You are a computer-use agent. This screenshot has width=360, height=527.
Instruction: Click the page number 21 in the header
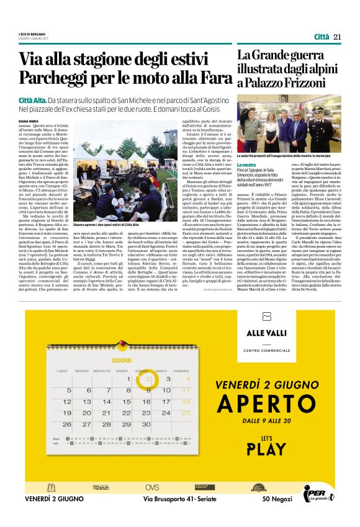[x=337, y=37]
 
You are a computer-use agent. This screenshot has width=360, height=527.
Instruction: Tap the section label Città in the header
[x=322, y=37]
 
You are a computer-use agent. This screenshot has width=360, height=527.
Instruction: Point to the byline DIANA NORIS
[x=30, y=122]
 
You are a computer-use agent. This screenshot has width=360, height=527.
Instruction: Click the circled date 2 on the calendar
[x=147, y=379]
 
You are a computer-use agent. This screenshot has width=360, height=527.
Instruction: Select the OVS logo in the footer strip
[x=152, y=487]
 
